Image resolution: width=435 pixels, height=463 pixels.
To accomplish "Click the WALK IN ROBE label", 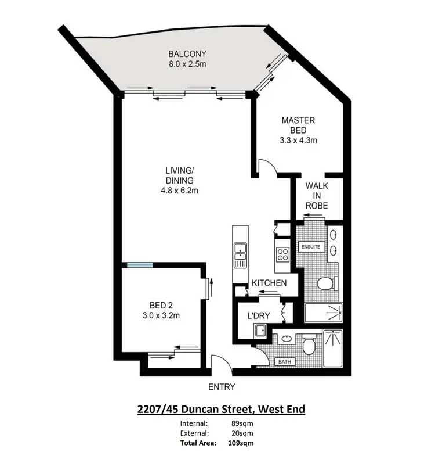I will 317,195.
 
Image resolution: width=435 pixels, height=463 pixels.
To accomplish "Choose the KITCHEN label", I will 269,283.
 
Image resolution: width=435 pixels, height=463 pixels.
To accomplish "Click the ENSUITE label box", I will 310,247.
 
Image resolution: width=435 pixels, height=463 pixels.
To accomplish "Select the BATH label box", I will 284,361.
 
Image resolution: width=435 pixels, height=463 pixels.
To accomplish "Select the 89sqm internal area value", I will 240,423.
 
